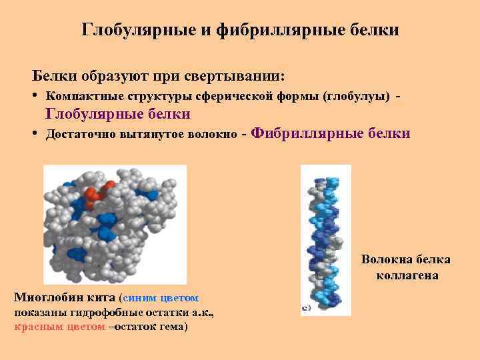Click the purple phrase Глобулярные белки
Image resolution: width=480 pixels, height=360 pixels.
(x=117, y=114)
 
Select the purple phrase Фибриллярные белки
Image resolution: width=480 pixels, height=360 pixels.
(x=332, y=133)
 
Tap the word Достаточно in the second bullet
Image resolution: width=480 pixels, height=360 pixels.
(x=83, y=135)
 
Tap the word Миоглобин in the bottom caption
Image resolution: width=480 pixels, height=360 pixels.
(x=49, y=297)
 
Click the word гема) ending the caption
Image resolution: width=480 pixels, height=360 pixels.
(x=171, y=327)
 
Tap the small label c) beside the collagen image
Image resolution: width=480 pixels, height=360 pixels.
(x=306, y=308)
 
